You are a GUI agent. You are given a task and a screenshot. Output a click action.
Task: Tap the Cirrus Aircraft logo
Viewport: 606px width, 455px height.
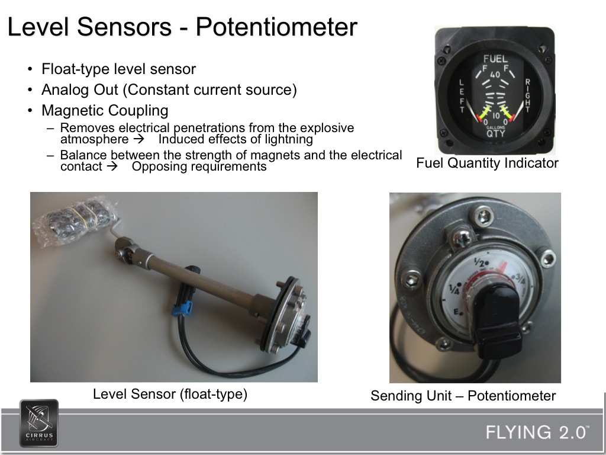tap(39, 422)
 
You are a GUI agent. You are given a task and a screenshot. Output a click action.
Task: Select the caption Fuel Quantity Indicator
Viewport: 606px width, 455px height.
tap(487, 163)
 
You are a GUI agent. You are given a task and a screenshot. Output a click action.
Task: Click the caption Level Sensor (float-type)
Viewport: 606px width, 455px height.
tap(170, 393)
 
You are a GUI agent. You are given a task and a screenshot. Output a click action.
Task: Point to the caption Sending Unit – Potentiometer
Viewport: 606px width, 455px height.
tap(463, 396)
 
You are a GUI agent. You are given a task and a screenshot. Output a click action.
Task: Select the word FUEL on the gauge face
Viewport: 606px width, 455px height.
tap(495, 59)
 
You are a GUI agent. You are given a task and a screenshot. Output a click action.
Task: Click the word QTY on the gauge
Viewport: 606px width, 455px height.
tap(495, 133)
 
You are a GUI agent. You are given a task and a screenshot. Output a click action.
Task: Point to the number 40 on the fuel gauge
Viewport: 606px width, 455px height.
tap(495, 75)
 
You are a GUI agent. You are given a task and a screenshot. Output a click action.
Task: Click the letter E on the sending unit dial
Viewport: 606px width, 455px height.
tap(456, 312)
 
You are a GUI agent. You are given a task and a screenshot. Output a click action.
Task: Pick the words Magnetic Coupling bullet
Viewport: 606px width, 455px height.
tap(105, 111)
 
